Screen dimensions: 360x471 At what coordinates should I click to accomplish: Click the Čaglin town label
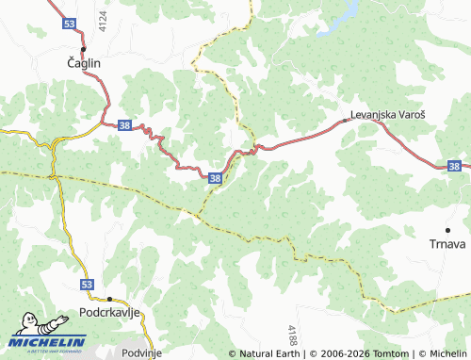click(x=83, y=63)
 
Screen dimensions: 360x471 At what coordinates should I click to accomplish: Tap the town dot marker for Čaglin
click(x=83, y=48)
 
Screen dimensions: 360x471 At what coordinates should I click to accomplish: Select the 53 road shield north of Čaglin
click(x=68, y=21)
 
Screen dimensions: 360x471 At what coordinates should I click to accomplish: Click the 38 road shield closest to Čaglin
click(x=123, y=124)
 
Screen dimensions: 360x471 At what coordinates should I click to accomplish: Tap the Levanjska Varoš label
click(x=388, y=114)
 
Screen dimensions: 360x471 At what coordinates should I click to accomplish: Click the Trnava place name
click(x=448, y=244)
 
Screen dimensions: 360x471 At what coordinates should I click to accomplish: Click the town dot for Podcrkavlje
click(x=108, y=298)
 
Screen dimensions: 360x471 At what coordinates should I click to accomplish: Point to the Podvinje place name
click(x=142, y=352)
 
